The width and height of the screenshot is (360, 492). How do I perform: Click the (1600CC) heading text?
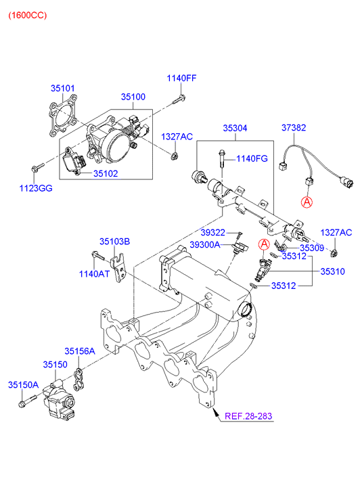point(28,15)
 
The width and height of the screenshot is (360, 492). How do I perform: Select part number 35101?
point(63,89)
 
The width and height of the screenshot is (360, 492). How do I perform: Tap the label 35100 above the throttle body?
point(133,97)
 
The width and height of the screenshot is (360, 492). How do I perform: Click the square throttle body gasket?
point(63,116)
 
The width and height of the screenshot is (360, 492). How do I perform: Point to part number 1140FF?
point(181,78)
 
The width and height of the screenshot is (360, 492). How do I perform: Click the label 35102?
point(106,173)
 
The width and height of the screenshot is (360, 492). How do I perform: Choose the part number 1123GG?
point(36,188)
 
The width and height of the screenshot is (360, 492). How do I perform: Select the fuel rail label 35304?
point(235,128)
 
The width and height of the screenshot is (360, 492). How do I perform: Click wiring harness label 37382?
point(294,128)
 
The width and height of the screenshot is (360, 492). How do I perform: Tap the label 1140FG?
point(252,159)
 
